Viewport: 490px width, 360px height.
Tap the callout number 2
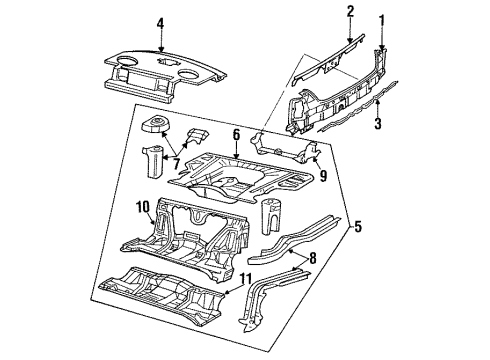[349, 11]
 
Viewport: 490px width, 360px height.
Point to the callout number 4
[159, 23]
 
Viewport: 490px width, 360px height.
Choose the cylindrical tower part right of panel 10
[271, 218]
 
